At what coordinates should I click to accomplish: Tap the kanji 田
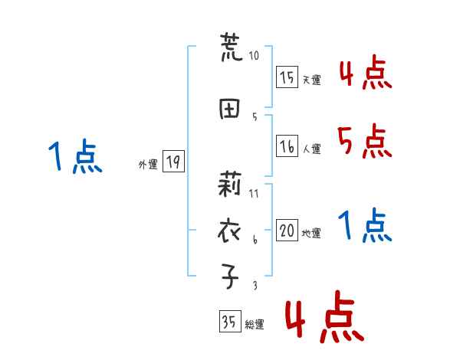230,109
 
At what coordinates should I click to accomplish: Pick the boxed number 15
287,77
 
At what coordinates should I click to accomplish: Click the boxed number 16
287,146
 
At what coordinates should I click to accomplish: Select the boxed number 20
287,231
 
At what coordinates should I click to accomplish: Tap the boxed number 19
172,162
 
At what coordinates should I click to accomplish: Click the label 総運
254,325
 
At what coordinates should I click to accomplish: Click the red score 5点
363,141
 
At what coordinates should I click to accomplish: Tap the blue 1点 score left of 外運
74,157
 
